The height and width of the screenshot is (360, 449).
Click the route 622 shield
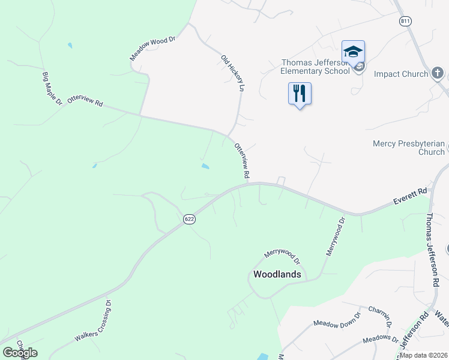[x=189, y=220]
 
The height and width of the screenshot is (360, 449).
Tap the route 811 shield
[x=405, y=21]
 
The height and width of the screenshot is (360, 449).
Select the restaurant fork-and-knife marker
[x=300, y=94]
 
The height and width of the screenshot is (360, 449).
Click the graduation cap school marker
[x=354, y=50]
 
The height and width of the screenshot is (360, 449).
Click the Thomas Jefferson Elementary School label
[x=316, y=67]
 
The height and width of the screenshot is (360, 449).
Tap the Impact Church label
[x=401, y=74]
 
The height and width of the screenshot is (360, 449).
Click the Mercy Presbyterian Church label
[x=408, y=148]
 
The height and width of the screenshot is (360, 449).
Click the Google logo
[x=20, y=352]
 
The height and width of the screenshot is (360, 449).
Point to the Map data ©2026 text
[x=423, y=355]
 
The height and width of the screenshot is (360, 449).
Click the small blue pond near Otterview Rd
[x=205, y=166]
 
